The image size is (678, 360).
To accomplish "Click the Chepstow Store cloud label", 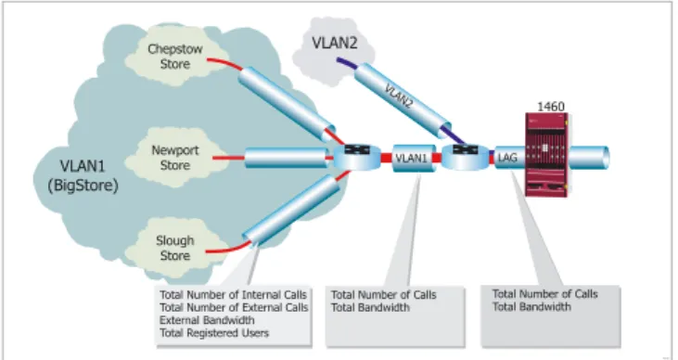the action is (x=175, y=57).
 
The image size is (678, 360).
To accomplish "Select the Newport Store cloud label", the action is (x=175, y=158).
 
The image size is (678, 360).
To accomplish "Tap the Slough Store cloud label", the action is (x=175, y=248).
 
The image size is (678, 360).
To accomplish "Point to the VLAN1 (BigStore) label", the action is (x=83, y=175).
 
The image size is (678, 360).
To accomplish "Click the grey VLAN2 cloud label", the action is (x=335, y=43).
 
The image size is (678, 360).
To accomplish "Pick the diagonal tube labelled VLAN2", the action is (x=403, y=100).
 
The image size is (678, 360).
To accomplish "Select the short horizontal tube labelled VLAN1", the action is (x=414, y=159).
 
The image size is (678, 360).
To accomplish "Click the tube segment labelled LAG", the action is (x=510, y=158).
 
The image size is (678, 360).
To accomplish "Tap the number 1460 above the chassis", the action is (x=551, y=107).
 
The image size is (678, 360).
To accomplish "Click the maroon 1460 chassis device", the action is (x=546, y=155).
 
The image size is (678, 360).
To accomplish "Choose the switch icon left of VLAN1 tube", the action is (x=357, y=157).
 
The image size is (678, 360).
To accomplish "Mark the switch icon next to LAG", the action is (x=466, y=157).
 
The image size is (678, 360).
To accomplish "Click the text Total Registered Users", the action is (x=214, y=333).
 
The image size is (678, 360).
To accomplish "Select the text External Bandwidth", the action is (x=207, y=320).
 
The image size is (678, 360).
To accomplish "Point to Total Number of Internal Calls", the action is (x=234, y=295).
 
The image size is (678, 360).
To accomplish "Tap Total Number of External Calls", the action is (x=234, y=308).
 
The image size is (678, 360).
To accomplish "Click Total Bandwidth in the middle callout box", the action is (x=370, y=308).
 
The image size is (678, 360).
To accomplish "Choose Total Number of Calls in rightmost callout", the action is (x=544, y=294).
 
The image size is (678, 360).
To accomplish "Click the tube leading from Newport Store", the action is (x=287, y=158).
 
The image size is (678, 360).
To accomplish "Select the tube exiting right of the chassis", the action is (x=588, y=157).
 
